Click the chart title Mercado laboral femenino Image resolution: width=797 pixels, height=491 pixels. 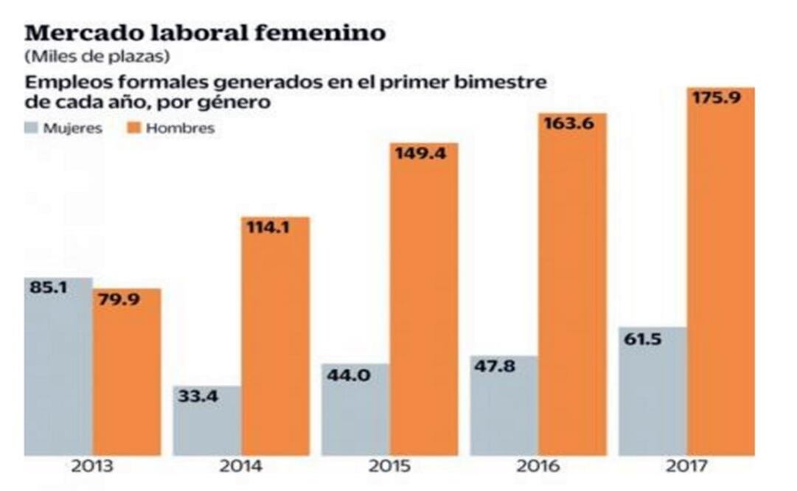point(205,33)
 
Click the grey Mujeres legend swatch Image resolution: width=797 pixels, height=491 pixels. point(32,128)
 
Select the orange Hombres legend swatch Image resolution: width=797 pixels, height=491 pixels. point(134,128)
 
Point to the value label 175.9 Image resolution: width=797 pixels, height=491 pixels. point(720,98)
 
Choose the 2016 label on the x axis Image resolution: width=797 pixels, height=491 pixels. point(538,467)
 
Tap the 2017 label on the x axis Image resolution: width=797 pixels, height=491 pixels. point(686,467)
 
